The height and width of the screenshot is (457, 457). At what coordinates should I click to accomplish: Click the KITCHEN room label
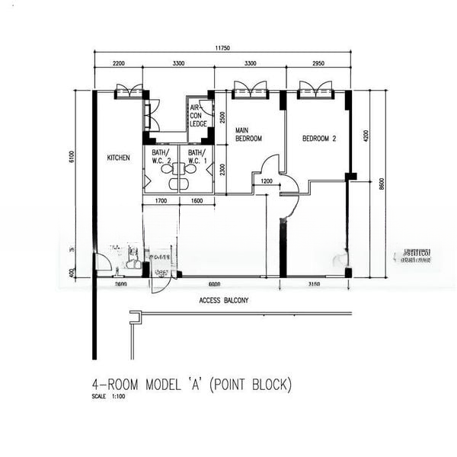tap(118, 158)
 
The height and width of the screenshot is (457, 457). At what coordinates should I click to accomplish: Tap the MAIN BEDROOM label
tap(248, 134)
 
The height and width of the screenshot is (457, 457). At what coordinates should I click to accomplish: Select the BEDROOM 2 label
tap(318, 139)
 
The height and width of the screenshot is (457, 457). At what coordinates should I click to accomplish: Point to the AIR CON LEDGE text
tap(199, 116)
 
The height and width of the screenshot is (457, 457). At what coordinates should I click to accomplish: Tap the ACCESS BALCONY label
tap(223, 300)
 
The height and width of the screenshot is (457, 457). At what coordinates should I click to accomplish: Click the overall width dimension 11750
tap(222, 47)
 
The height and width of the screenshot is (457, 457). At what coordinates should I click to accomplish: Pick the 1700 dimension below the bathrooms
tap(161, 201)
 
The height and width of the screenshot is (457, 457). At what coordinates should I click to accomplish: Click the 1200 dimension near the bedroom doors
tap(266, 181)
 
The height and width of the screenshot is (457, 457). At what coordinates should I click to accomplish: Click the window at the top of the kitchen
tap(129, 91)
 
